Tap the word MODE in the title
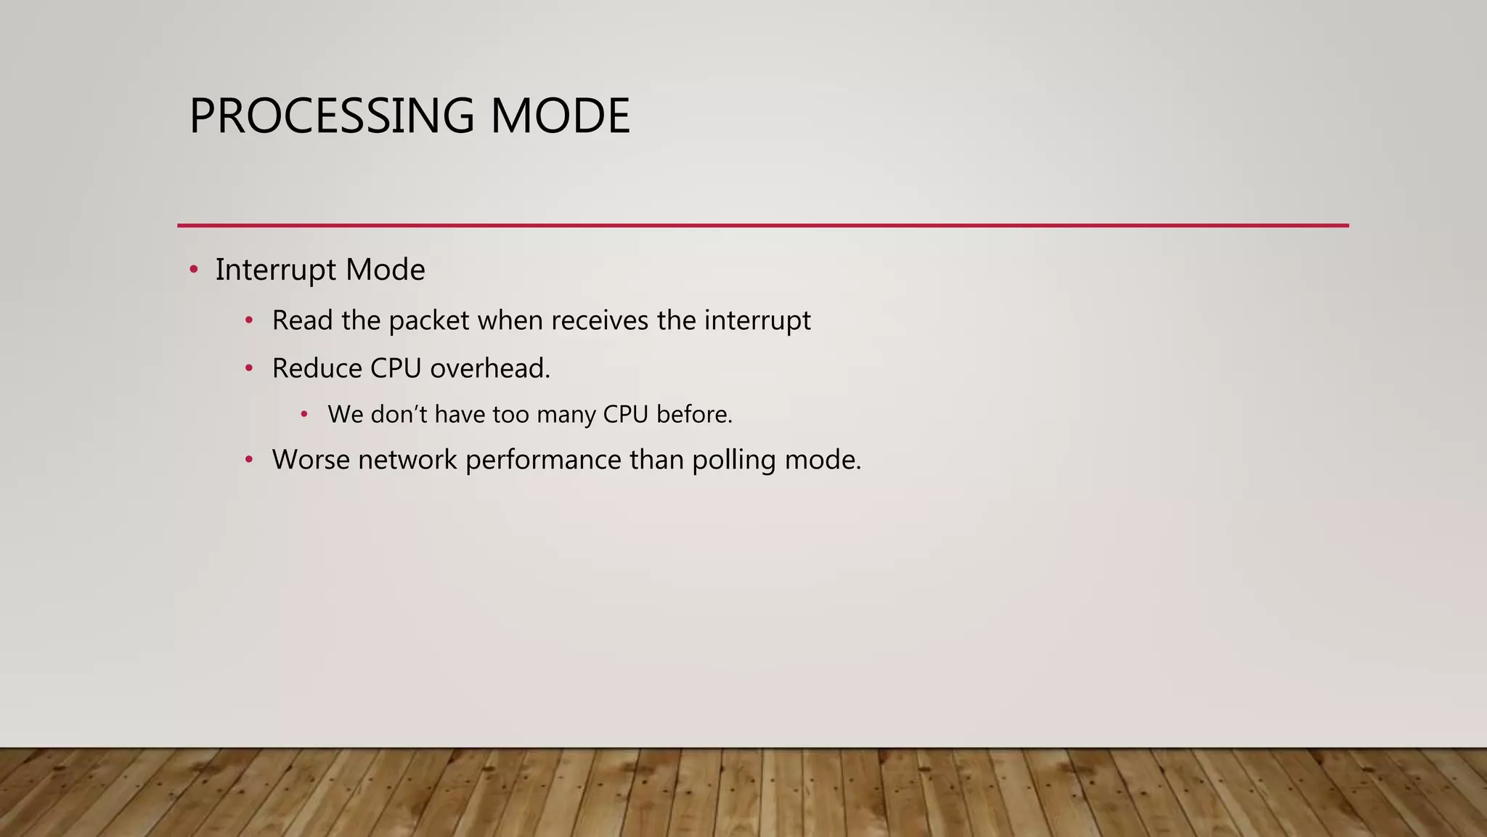560,116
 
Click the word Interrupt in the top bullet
276,270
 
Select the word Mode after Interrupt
385,270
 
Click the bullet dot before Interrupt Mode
193,270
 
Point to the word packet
428,321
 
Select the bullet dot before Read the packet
249,320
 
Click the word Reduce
317,368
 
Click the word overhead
490,368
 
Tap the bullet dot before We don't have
305,415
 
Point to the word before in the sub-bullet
694,415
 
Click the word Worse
311,460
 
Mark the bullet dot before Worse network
249,460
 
